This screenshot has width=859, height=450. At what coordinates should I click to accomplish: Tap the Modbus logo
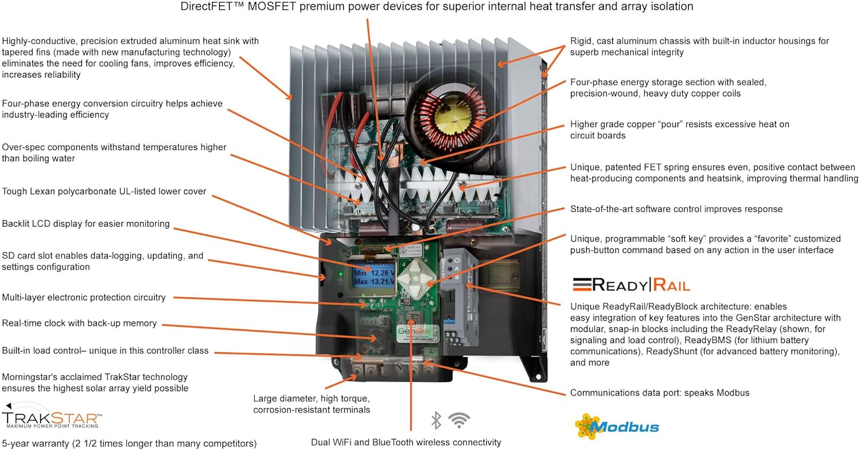pyautogui.click(x=617, y=427)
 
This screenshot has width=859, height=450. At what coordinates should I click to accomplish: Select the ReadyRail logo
pyautogui.click(x=631, y=285)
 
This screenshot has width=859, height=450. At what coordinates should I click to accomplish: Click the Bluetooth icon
pyautogui.click(x=436, y=421)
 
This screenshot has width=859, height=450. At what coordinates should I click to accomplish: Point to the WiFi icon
pyautogui.click(x=459, y=420)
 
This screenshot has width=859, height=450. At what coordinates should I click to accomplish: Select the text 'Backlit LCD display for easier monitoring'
pyautogui.click(x=86, y=224)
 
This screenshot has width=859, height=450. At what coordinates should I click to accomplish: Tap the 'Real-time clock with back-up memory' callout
pyautogui.click(x=79, y=323)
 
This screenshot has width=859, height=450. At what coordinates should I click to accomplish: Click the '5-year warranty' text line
pyautogui.click(x=129, y=443)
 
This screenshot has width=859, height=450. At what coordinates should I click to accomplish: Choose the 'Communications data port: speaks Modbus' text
pyautogui.click(x=660, y=393)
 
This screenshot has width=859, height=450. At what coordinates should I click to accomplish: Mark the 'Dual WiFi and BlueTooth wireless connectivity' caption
pyautogui.click(x=406, y=442)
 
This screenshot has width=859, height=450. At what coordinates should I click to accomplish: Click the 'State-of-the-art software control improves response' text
pyautogui.click(x=676, y=209)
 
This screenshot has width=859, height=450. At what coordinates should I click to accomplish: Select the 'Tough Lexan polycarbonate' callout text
pyautogui.click(x=104, y=191)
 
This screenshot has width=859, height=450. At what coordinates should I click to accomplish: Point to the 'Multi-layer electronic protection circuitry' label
pyautogui.click(x=84, y=298)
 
